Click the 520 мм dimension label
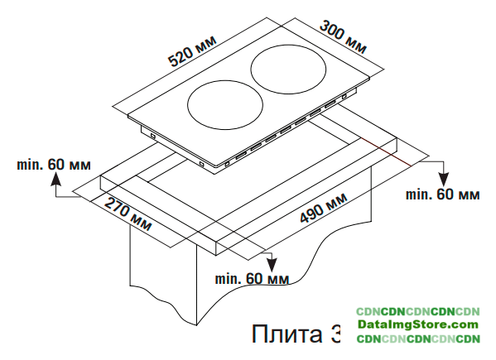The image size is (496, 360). tap(192, 50)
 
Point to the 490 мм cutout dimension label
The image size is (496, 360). tap(323, 208)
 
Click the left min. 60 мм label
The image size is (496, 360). tap(54, 165)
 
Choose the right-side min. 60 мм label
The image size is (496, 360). tap(442, 194)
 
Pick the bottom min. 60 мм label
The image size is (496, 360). tap(252, 279)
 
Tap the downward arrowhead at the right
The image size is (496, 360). tap(444, 180)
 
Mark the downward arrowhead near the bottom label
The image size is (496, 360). tap(272, 265)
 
